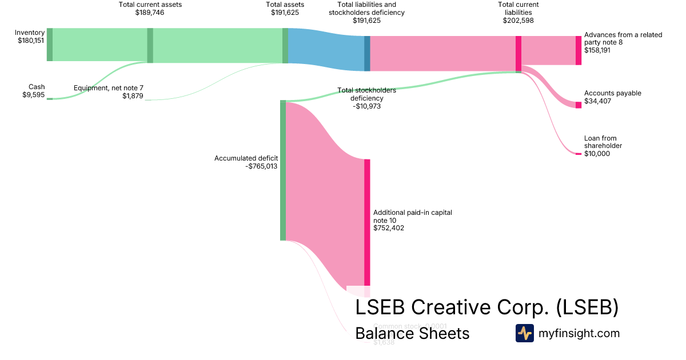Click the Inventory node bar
50,44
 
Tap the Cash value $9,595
33,95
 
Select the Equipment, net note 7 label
109,88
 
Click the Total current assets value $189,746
150,12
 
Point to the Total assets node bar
285,45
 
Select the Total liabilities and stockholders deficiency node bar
367,54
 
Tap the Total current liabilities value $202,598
518,20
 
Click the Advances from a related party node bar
578,50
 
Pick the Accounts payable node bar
578,105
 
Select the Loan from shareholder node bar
578,154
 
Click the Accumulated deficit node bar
282,170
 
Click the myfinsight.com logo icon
524,333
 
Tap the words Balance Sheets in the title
412,333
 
